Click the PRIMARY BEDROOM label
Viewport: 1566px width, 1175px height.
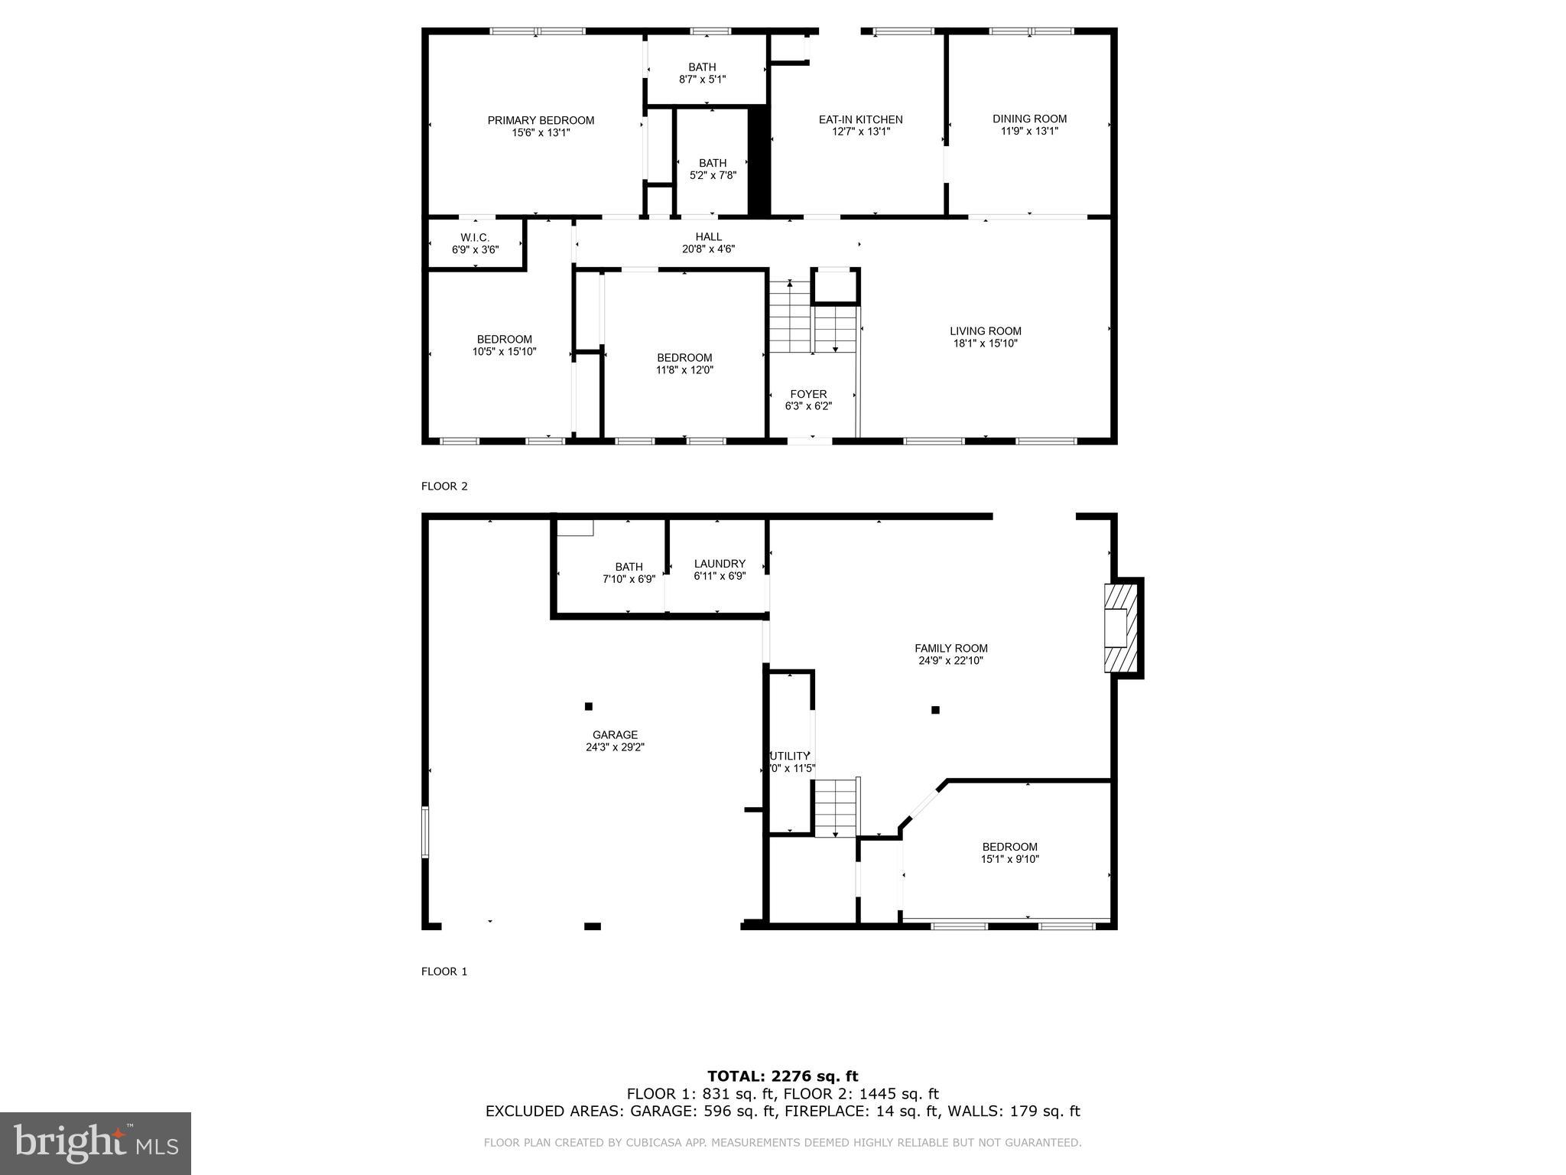point(541,121)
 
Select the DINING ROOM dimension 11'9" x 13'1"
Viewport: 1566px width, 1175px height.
point(1029,132)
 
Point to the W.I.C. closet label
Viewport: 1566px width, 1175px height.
point(475,238)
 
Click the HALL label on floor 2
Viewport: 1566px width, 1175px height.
point(708,237)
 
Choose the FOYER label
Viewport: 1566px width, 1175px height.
point(808,395)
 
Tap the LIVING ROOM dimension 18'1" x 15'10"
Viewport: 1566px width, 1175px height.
point(985,344)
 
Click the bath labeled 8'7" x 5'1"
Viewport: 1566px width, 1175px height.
point(702,73)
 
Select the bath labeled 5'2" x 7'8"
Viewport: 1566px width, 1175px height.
point(713,169)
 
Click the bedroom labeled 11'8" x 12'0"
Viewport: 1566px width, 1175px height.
point(684,364)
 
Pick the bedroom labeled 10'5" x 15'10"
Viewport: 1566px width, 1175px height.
point(504,346)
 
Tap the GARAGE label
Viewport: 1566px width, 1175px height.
point(615,735)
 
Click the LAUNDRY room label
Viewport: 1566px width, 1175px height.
point(720,564)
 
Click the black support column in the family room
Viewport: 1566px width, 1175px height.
point(935,710)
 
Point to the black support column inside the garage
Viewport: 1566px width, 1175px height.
point(588,706)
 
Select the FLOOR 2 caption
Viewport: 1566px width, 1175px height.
point(443,487)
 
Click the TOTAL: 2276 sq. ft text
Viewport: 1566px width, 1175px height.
point(782,1077)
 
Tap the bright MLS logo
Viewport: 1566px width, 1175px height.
point(96,1144)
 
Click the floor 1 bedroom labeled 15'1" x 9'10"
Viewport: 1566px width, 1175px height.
point(1009,853)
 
